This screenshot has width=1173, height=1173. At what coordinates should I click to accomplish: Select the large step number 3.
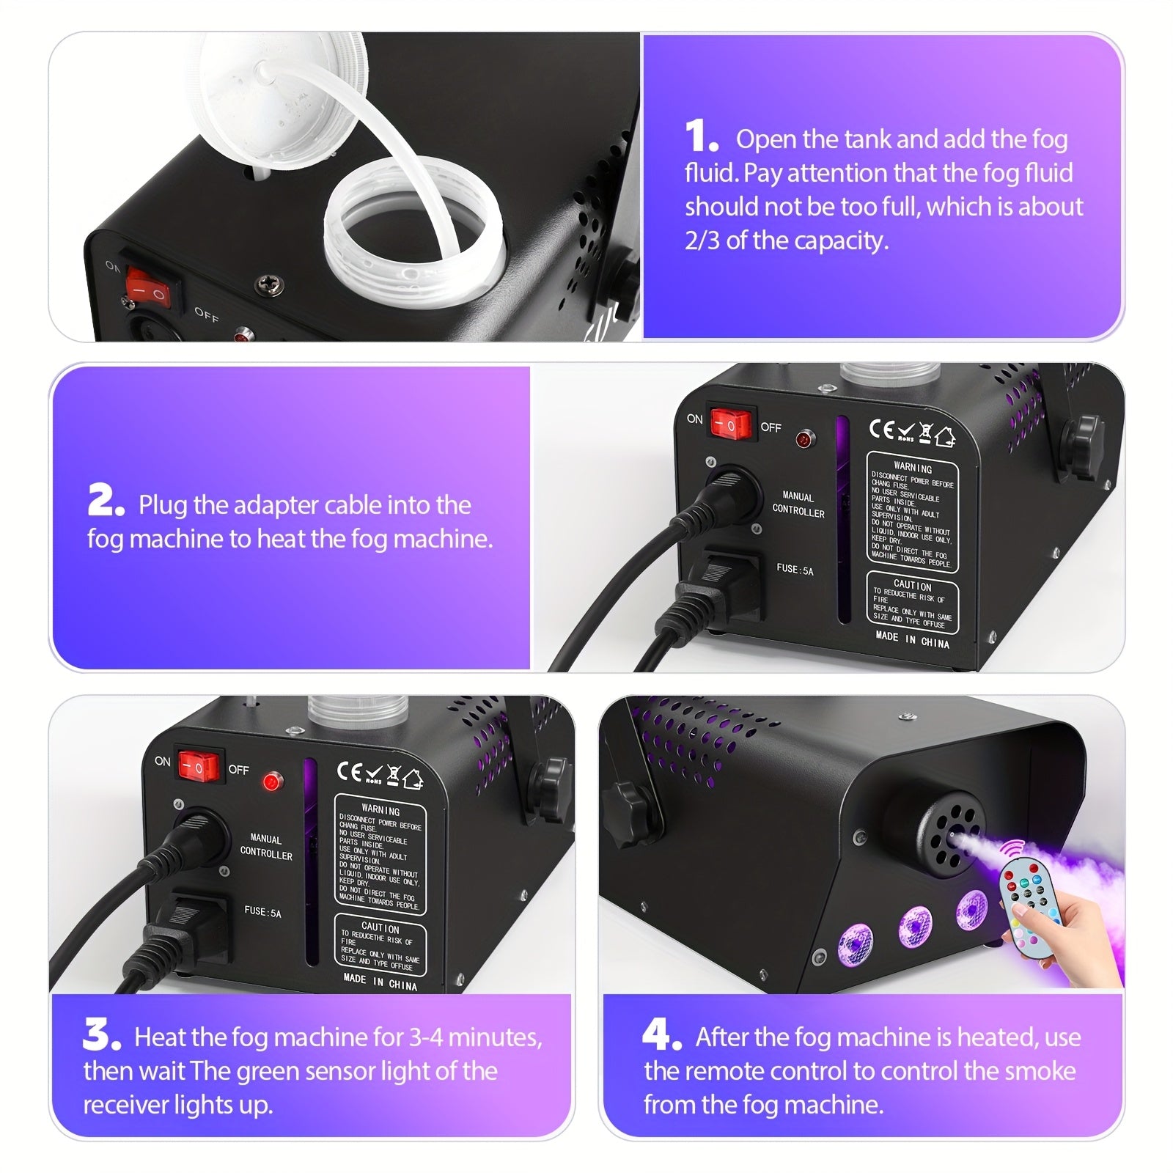tap(100, 1034)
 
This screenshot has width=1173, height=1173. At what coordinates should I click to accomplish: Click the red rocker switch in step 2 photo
tap(729, 424)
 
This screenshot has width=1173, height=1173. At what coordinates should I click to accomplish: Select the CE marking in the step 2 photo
tap(881, 430)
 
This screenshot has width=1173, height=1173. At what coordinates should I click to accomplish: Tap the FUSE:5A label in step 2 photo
tap(795, 569)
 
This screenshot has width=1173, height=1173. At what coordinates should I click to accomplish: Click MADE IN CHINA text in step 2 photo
tap(912, 639)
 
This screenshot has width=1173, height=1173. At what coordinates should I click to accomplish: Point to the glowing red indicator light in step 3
tap(272, 782)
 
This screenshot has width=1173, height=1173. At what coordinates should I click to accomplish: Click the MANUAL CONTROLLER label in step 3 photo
tap(265, 847)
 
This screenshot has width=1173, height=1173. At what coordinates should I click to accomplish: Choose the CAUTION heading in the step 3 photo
tap(380, 927)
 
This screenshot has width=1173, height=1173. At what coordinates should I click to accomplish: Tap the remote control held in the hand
tap(1027, 901)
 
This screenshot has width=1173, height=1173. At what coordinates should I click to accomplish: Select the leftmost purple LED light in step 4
tap(854, 941)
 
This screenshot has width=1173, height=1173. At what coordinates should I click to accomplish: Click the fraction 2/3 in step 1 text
tap(702, 240)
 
